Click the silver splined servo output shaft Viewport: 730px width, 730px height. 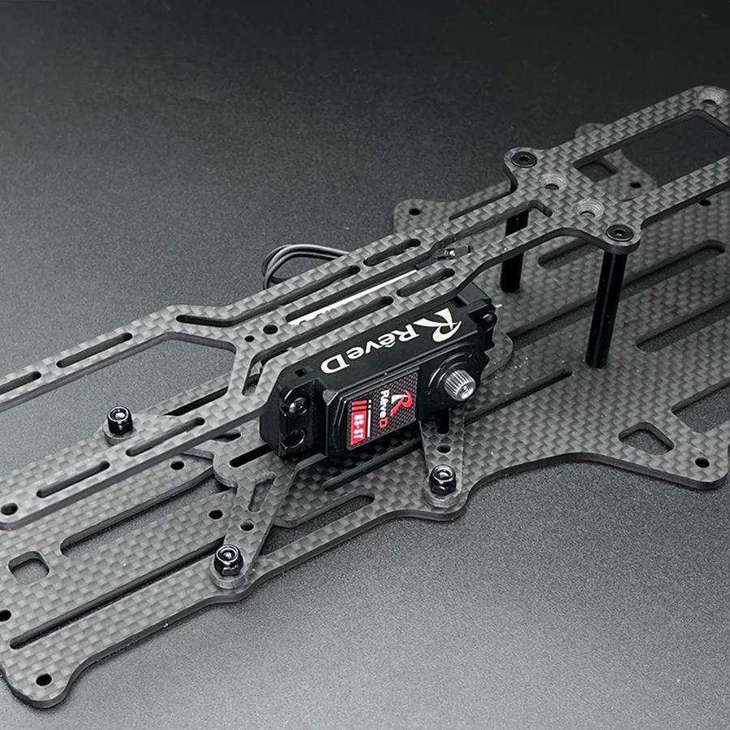coord(458,380)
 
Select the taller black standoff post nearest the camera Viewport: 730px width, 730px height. coord(604,308)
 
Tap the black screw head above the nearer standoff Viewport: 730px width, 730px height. coord(618,233)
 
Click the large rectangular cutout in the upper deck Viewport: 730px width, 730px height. coord(649,146)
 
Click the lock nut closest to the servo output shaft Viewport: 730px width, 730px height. coord(442,480)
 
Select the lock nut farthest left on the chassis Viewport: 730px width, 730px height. coord(119,420)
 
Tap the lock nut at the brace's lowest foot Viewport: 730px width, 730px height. coord(227,560)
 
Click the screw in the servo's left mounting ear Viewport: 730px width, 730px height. coord(295,406)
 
